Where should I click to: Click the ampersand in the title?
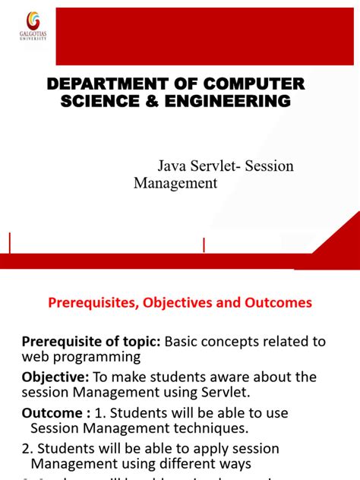point(150,101)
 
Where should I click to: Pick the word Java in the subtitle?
point(172,166)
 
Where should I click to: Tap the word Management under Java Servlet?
point(175,183)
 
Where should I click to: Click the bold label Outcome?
point(52,413)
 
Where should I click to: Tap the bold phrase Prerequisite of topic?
point(91,341)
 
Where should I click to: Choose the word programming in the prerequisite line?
point(103,357)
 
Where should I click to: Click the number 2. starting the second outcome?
point(28,448)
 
